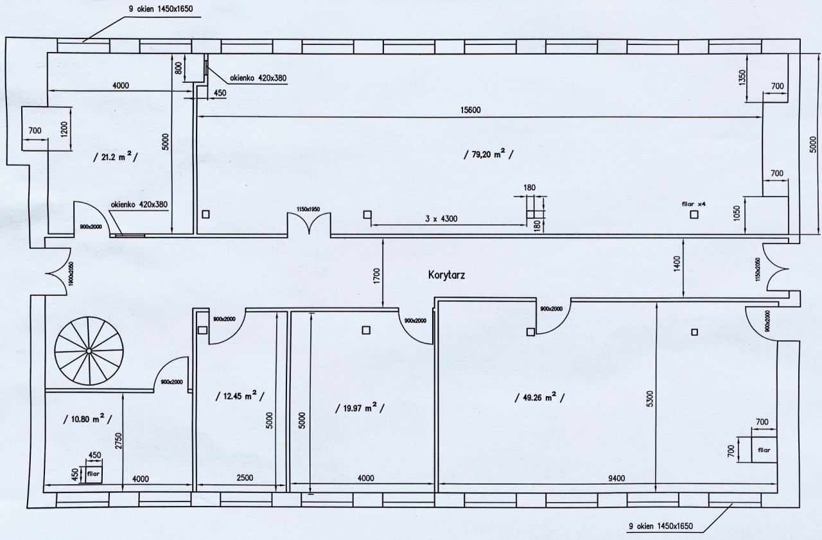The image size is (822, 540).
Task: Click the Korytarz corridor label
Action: [446, 275]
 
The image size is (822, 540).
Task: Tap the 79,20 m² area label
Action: [489, 154]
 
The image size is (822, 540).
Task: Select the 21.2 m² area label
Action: [115, 157]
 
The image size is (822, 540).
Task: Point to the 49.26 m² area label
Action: [539, 397]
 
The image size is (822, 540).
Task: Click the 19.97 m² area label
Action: [360, 408]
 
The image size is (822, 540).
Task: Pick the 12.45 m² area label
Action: [240, 396]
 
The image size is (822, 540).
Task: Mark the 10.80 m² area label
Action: [87, 419]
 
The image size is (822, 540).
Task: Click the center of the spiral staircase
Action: [89, 351]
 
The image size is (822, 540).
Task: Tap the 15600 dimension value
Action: [471, 110]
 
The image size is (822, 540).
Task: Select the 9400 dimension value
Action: [616, 478]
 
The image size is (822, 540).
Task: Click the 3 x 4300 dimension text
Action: [441, 219]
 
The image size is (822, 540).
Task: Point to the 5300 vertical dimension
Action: [649, 401]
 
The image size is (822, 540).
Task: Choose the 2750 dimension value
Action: [118, 441]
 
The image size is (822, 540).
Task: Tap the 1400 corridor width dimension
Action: [677, 263]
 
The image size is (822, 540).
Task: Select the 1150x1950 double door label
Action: [308, 209]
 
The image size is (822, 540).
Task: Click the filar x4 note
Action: [694, 204]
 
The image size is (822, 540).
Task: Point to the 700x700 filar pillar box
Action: [764, 449]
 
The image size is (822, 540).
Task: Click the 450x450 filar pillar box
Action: [94, 474]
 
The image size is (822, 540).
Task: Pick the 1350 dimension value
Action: [742, 78]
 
